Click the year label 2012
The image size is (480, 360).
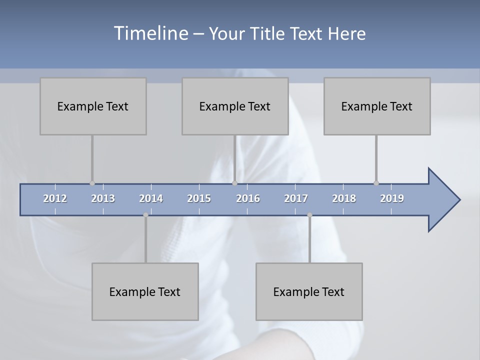55,198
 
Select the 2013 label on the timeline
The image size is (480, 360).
103,198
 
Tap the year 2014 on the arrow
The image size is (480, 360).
151,198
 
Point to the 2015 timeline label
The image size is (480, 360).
199,198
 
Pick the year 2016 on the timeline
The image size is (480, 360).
248,198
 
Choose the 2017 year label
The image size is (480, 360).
296,198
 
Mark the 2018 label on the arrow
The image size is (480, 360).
344,198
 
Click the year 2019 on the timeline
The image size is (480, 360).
392,198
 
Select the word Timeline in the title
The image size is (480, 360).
150,33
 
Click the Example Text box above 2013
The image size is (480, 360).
93,106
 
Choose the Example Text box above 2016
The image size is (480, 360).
235,106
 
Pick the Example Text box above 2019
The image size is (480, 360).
377,106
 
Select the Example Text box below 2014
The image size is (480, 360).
145,291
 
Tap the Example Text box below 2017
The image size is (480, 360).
309,291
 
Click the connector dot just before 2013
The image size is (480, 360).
92,183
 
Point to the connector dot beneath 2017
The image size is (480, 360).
309,215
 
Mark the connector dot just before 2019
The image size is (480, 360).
376,183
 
